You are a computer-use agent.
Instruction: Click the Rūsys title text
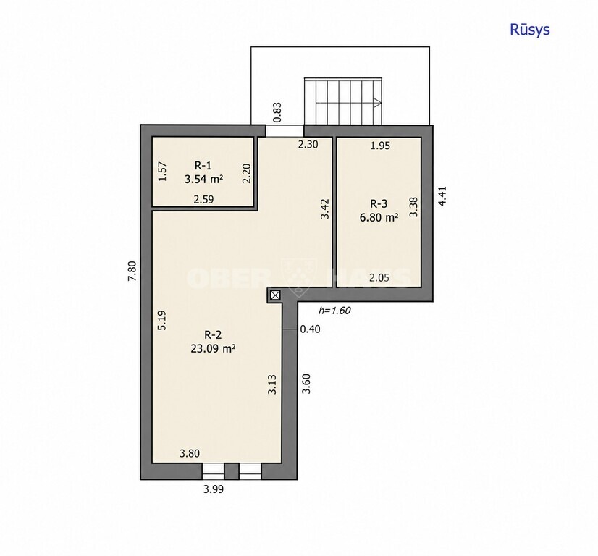tap(530, 30)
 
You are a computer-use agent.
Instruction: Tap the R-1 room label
tap(203, 166)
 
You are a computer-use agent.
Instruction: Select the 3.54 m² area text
tap(203, 179)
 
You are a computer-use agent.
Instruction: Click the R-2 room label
tap(213, 334)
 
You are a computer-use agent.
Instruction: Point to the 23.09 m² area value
tap(213, 348)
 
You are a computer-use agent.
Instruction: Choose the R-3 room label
tap(379, 203)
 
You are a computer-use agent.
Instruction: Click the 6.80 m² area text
tap(379, 217)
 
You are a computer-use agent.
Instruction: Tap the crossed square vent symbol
tap(275, 295)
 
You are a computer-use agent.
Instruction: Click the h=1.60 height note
tap(334, 311)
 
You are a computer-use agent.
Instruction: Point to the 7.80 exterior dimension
tap(132, 271)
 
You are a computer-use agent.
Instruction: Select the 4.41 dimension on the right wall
tap(442, 196)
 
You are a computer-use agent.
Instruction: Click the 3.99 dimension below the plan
tap(213, 489)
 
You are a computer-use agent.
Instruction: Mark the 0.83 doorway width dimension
tap(278, 112)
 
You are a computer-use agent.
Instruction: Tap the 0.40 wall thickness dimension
tap(311, 329)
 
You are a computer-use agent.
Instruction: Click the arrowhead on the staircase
tap(379, 103)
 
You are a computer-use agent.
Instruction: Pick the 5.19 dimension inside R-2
tap(162, 320)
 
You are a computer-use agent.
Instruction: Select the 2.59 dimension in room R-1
tap(203, 199)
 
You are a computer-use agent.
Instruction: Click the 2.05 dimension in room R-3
tap(379, 277)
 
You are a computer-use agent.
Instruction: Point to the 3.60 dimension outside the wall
tap(306, 384)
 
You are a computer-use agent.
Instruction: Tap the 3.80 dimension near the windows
tap(190, 453)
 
